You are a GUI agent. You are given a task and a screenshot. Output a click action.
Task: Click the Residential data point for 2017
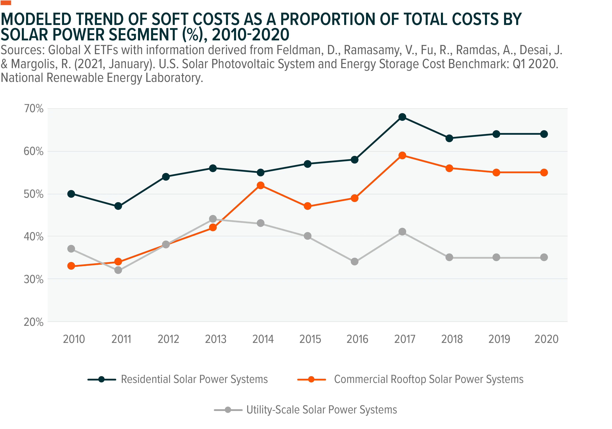pyautogui.click(x=402, y=117)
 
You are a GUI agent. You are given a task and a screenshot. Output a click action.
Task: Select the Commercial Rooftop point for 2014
pyautogui.click(x=261, y=185)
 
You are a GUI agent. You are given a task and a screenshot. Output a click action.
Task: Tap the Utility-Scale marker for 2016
pyautogui.click(x=354, y=262)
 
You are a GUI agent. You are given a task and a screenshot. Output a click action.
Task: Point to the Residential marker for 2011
pyautogui.click(x=118, y=206)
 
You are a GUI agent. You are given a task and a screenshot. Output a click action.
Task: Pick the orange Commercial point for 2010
pyautogui.click(x=71, y=266)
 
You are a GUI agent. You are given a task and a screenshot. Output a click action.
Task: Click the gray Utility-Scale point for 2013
pyautogui.click(x=213, y=219)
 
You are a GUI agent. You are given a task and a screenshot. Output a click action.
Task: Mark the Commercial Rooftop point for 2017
pyautogui.click(x=402, y=155)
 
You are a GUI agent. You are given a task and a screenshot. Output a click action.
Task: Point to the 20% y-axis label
pyautogui.click(x=34, y=322)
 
